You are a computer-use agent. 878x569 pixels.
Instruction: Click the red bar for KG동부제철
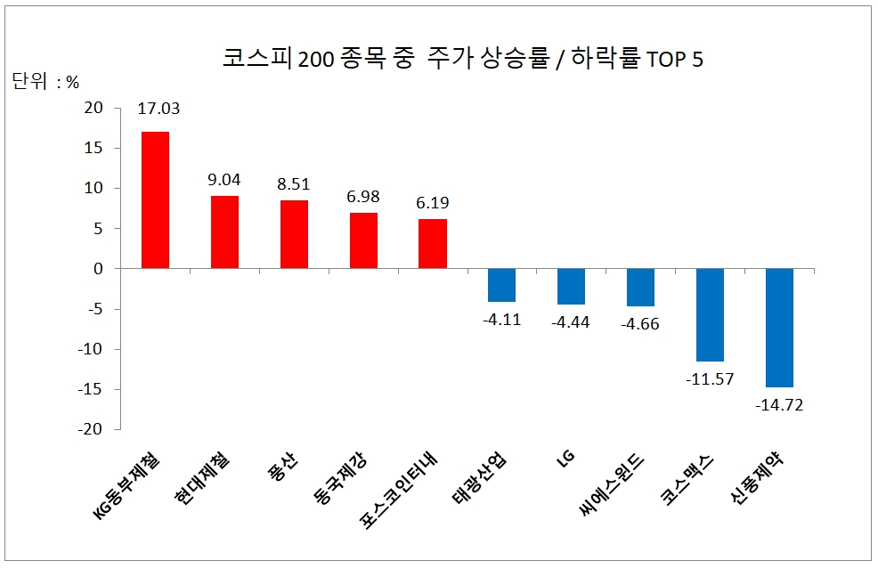(155, 200)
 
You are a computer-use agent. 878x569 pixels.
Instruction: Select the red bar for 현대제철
(224, 232)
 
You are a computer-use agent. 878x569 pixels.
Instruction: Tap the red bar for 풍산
(294, 234)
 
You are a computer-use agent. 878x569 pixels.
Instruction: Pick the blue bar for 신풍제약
(780, 328)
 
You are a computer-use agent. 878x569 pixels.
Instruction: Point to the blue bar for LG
(571, 286)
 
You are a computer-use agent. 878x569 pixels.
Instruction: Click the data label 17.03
(159, 109)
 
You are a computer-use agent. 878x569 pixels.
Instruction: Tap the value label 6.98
(363, 195)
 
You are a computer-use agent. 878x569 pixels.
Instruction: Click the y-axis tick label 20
(93, 108)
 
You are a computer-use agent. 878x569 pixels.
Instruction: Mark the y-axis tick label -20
(91, 429)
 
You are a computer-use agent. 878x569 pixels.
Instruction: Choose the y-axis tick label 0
(99, 269)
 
